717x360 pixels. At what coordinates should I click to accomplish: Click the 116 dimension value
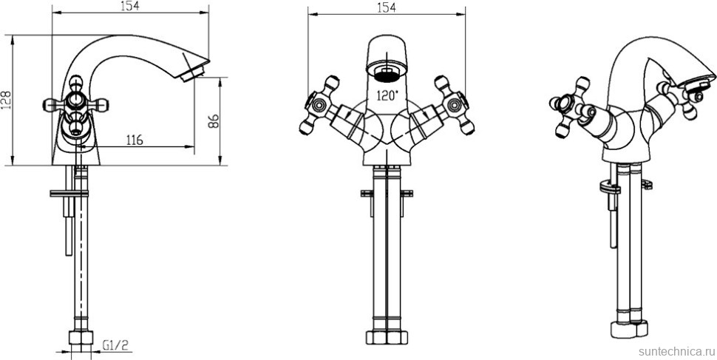tap(133, 140)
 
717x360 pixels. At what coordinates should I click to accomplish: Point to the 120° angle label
tap(387, 95)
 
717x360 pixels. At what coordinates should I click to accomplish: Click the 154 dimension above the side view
tap(130, 6)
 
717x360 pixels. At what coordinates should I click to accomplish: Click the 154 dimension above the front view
tap(387, 7)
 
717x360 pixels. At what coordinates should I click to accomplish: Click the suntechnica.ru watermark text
tap(676, 351)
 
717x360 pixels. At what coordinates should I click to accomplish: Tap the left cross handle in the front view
tap(319, 105)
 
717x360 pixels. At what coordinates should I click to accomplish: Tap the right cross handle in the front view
tap(454, 105)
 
